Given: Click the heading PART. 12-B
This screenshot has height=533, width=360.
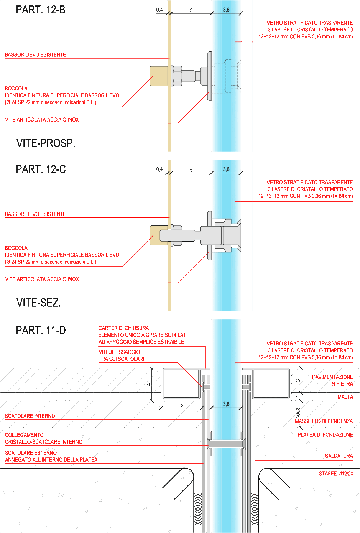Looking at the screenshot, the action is (x=41, y=10).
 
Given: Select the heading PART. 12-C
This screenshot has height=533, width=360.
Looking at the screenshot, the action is (x=41, y=169).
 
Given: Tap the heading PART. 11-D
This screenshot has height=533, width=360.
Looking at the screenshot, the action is (x=41, y=330).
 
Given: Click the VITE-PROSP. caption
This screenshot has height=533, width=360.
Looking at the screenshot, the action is (x=46, y=143).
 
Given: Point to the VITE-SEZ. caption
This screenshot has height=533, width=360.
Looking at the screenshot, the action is (x=39, y=303).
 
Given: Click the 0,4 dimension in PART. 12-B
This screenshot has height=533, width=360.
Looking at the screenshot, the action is (x=159, y=10).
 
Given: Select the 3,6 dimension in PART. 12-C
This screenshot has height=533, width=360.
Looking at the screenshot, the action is (x=226, y=169).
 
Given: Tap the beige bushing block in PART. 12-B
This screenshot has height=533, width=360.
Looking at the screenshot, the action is (x=159, y=76).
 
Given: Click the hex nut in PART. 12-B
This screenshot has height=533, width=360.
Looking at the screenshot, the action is (x=177, y=76).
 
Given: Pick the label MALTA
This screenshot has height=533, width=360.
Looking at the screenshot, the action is (x=345, y=396).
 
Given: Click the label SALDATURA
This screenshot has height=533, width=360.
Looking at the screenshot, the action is (x=339, y=456).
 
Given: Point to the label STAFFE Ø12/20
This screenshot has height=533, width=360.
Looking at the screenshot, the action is (x=336, y=474).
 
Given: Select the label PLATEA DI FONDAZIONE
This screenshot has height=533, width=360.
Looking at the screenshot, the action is (x=325, y=435).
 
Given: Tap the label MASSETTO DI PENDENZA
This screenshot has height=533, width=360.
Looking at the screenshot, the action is (x=324, y=421).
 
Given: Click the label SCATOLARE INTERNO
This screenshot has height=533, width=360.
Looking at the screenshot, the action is (x=30, y=416).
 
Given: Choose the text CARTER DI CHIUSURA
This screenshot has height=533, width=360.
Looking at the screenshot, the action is (x=124, y=328).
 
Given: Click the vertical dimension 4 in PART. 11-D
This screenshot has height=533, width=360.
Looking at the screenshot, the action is (x=149, y=384).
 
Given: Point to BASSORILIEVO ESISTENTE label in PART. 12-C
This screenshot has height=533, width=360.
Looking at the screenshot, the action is (x=35, y=214).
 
